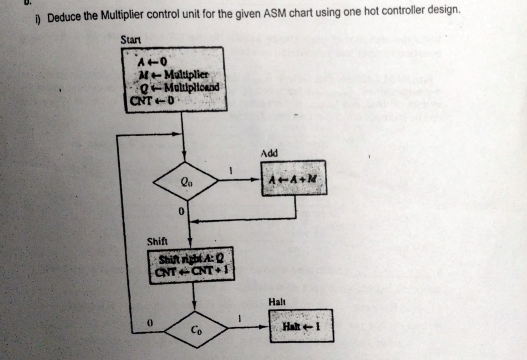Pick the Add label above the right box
click(269, 153)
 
